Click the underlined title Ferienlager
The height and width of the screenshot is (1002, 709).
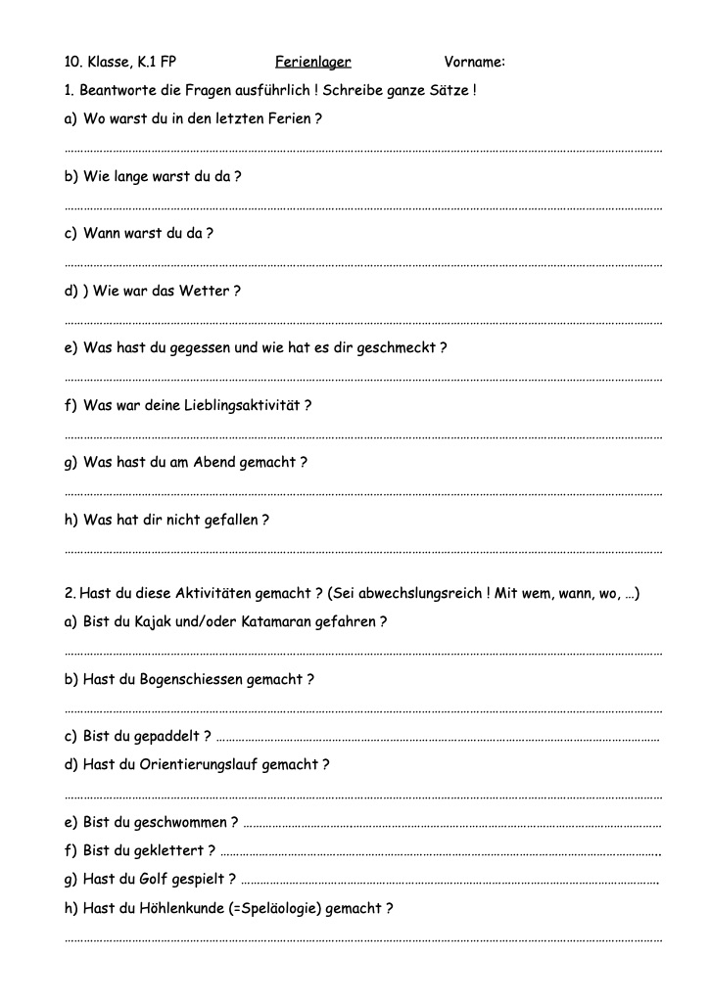point(312,62)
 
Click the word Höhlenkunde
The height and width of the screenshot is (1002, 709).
point(182,908)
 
